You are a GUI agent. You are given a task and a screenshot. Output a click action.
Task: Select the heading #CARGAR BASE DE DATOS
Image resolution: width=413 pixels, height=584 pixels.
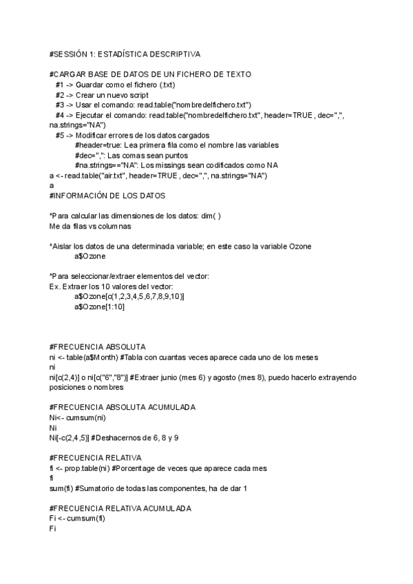150,74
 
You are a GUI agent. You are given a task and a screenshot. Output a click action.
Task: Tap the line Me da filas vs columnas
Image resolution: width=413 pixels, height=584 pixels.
89,226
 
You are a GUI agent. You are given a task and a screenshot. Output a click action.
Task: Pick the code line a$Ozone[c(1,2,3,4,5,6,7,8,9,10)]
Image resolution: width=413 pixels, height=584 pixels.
129,296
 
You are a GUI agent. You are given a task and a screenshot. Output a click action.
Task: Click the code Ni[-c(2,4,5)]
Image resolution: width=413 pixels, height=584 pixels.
70,439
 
